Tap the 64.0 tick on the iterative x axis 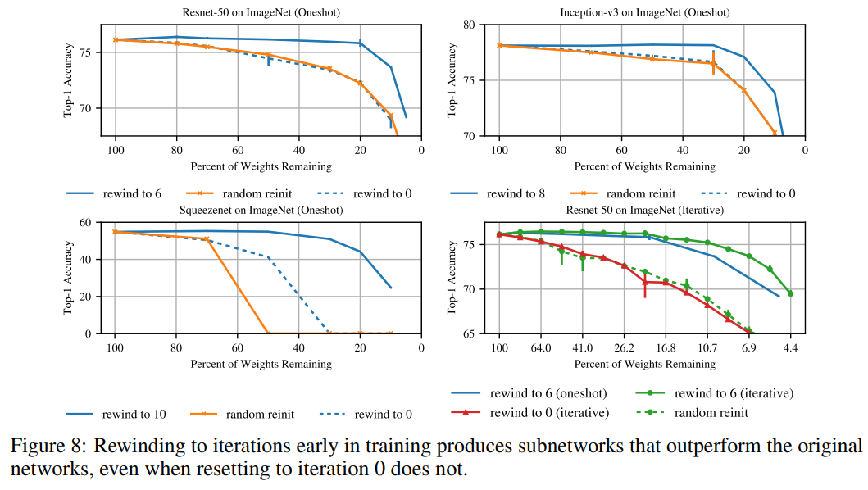coord(541,348)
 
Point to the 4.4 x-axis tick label coord(790,348)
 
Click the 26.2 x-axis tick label coord(624,348)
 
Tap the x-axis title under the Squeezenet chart coord(261,363)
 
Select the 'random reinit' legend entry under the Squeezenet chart coord(260,414)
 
